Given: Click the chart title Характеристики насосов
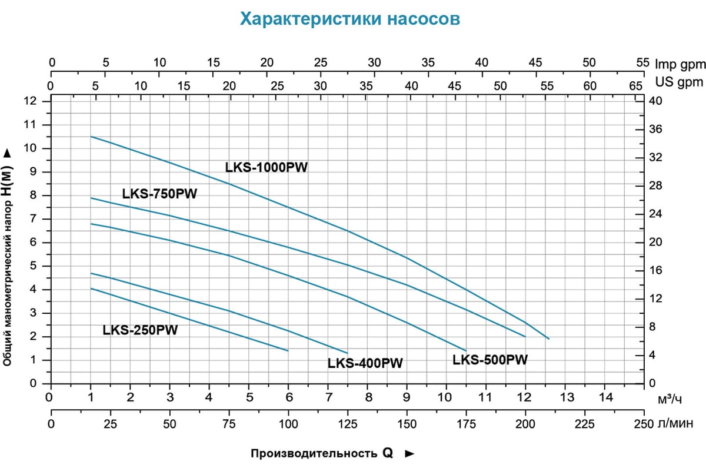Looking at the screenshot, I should click(x=350, y=19).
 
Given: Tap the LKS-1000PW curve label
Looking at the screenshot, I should click(x=267, y=168).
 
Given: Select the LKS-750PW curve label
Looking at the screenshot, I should click(x=159, y=194).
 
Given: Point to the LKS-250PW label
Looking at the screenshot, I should click(x=140, y=330).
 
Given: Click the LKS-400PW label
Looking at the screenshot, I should click(x=365, y=363).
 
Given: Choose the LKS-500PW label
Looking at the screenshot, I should click(x=490, y=360).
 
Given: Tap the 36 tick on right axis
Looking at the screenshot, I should click(x=655, y=130).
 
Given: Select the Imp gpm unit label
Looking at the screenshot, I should click(x=680, y=63).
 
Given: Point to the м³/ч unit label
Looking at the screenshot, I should click(x=670, y=400).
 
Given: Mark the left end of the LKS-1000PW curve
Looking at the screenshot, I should click(x=91, y=137).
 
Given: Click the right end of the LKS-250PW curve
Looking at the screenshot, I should click(x=288, y=351).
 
